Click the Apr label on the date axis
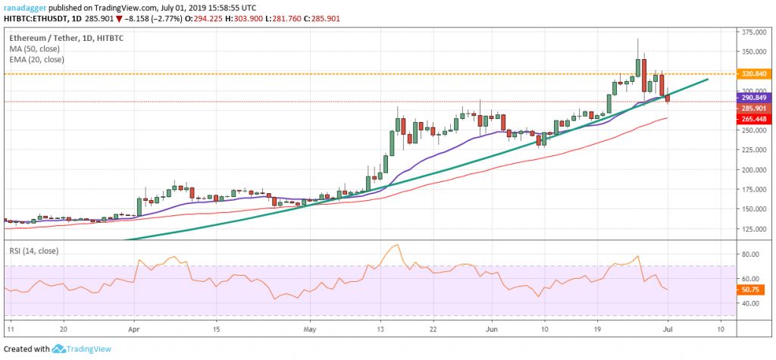133,329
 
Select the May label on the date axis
308,329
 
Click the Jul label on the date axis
667,329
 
